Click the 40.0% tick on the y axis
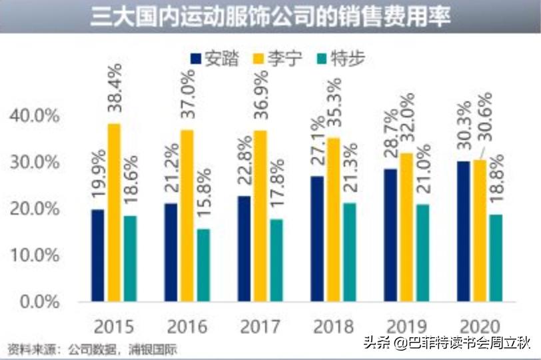pyautogui.click(x=35, y=116)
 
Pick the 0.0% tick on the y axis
pyautogui.click(x=39, y=302)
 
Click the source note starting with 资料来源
pyautogui.click(x=93, y=348)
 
